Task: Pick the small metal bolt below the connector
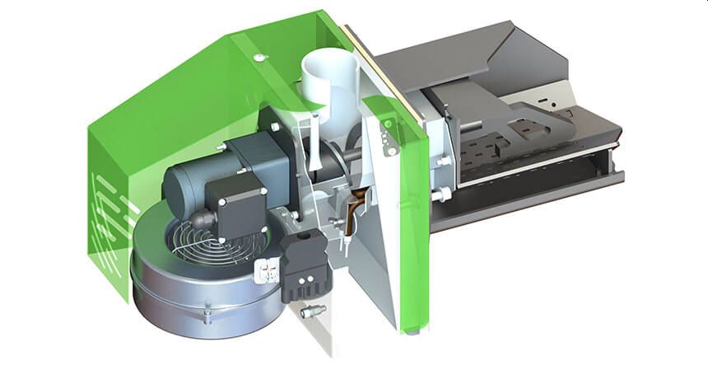click(x=314, y=312)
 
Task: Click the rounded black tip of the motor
click(x=201, y=220)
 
